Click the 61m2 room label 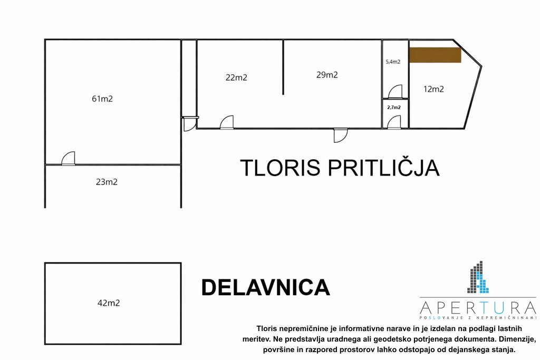[x=102, y=99]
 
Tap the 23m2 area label [x=107, y=182]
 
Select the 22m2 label [x=236, y=77]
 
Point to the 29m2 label [x=327, y=75]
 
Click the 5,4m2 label [x=393, y=62]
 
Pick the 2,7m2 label [x=394, y=108]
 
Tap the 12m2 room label [x=433, y=89]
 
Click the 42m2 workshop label [x=109, y=303]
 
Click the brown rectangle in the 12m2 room [x=435, y=55]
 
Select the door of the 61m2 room [x=68, y=159]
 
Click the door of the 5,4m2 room [x=395, y=92]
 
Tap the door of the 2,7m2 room [x=394, y=122]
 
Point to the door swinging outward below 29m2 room [x=341, y=135]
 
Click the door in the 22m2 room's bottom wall [x=227, y=122]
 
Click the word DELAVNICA [x=266, y=287]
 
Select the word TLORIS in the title [x=281, y=168]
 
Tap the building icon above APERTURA [x=478, y=277]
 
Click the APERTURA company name [x=478, y=307]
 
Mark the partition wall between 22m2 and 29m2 [x=283, y=67]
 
